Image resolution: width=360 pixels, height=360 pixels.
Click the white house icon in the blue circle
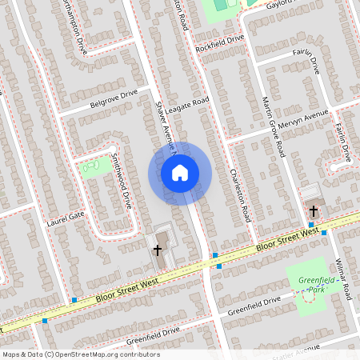(180, 172)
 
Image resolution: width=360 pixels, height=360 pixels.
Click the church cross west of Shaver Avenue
(157, 250)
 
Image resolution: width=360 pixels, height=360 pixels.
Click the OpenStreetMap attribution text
(81, 354)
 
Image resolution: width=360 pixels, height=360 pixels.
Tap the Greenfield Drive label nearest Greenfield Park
(254, 305)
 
